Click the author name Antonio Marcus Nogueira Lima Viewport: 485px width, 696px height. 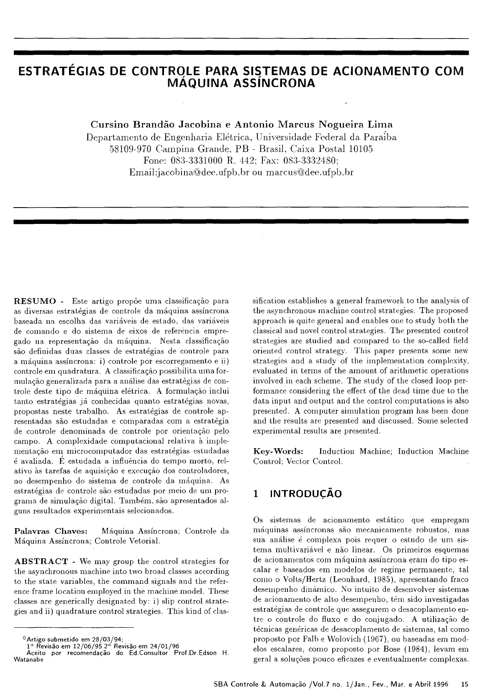[x=312, y=125]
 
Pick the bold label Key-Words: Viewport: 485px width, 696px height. [x=278, y=451]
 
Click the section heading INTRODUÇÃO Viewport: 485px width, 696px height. [x=306, y=494]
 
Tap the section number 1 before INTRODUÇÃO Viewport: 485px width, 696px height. [x=256, y=494]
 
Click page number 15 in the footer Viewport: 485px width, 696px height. [x=464, y=685]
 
